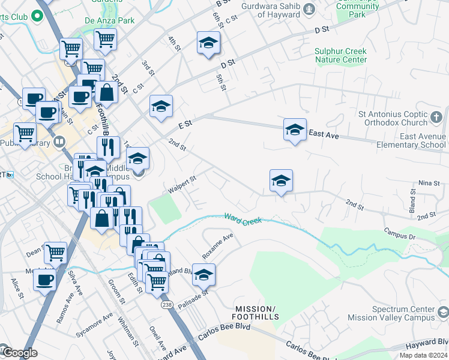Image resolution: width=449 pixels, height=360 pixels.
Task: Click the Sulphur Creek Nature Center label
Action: coord(340,56)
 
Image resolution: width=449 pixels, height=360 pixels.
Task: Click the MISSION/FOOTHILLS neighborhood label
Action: coord(256,312)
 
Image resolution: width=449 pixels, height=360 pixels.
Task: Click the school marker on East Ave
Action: coord(294,130)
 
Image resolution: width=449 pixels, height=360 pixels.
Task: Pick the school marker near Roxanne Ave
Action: coord(204,274)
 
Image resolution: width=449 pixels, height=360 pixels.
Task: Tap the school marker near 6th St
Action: coord(208,43)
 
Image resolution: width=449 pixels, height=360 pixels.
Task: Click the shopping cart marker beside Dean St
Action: coord(55,253)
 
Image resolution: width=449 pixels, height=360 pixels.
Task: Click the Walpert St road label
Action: coord(182,184)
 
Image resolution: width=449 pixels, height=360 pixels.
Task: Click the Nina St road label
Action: coord(425,182)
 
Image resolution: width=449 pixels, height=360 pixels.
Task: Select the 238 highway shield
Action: coord(167,305)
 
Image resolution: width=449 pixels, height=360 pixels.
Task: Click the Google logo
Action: coord(19,353)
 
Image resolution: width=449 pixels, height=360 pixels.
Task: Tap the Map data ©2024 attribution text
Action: coord(424,355)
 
